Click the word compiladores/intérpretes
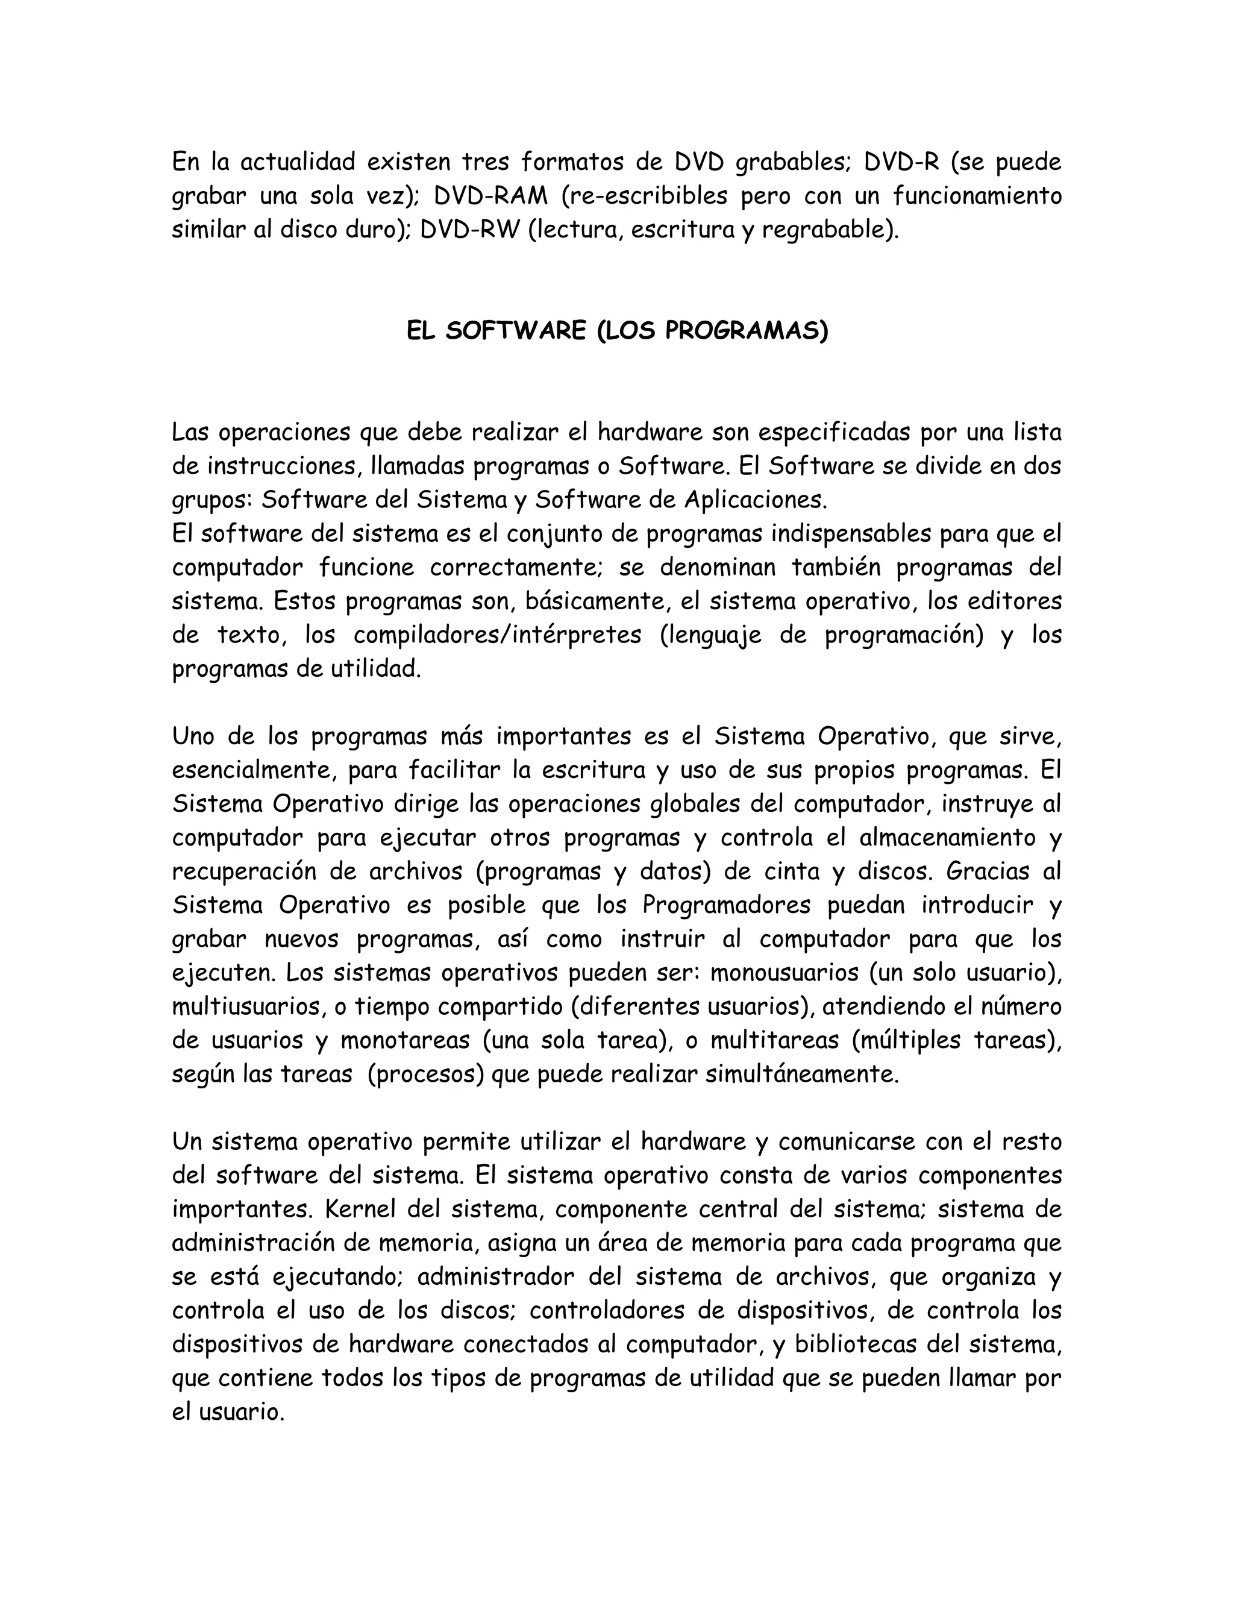(497, 635)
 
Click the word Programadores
(727, 905)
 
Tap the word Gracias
(980, 871)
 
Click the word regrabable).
(830, 230)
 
